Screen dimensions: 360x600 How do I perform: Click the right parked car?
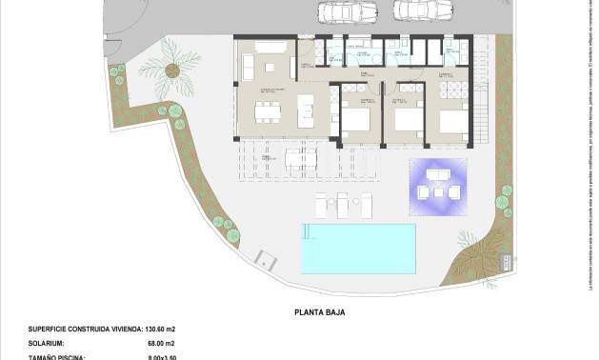(x=409, y=10)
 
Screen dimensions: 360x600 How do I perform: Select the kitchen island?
(x=308, y=110)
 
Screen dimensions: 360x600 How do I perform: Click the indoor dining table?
(x=267, y=110)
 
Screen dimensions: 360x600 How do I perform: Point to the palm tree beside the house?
(x=173, y=70)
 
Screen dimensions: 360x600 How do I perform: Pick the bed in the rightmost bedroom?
(x=453, y=122)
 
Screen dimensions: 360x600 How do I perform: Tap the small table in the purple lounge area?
(x=438, y=190)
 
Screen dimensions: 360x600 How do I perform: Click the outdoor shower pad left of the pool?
(x=266, y=258)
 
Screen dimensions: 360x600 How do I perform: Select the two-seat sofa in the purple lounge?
(x=438, y=175)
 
